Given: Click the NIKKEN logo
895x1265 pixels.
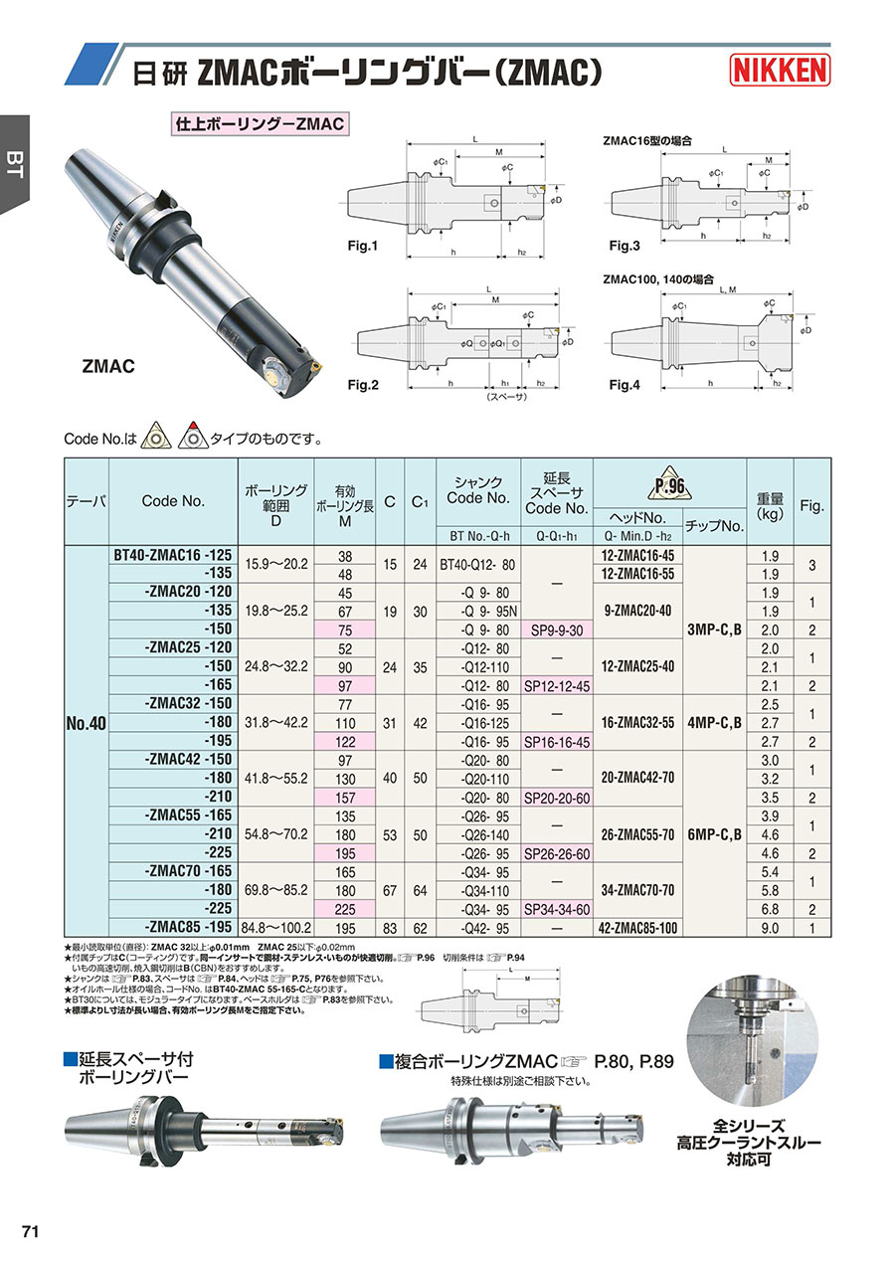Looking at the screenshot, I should (x=781, y=70).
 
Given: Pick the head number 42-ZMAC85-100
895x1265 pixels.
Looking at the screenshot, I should (x=639, y=928).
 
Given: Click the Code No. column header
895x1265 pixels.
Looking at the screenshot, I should (x=173, y=501).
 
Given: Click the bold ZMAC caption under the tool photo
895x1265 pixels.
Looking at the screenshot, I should (x=107, y=367).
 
